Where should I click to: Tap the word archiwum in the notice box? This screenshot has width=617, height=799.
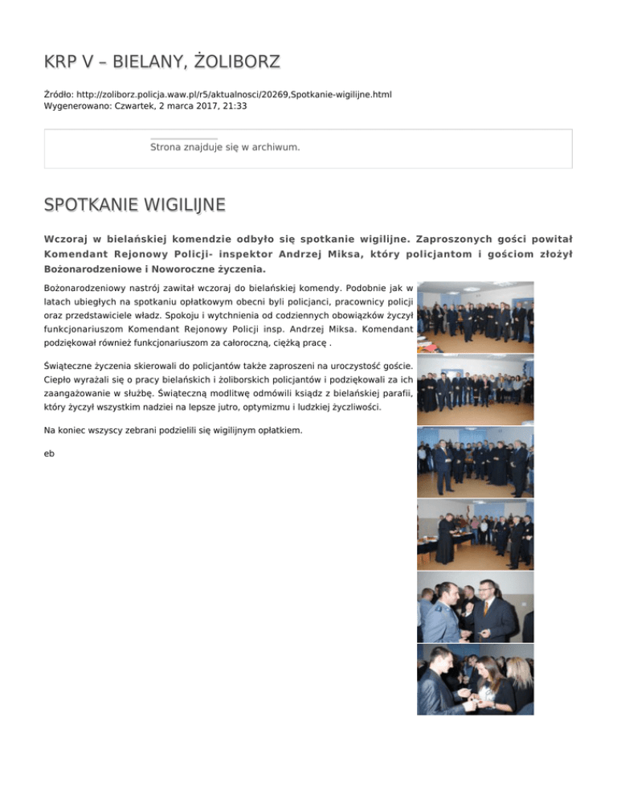tap(276, 148)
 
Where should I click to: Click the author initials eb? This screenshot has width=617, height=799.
tap(49, 453)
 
